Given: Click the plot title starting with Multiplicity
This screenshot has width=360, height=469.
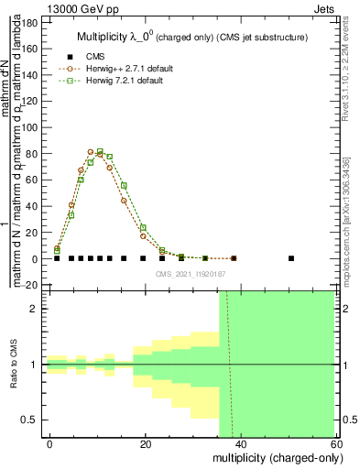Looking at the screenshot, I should click(191, 36).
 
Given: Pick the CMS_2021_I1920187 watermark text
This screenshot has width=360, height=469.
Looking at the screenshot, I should click(190, 272).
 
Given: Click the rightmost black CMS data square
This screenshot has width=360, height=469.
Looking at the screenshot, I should click(291, 258).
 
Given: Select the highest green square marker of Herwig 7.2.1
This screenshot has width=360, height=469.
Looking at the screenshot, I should click(100, 152).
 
